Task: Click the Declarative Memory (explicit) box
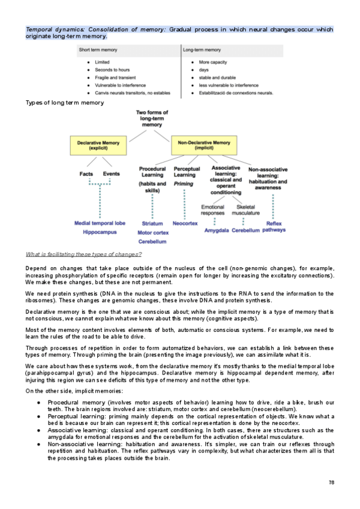[98, 145]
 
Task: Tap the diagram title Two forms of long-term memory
[152, 118]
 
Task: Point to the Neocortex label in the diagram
[185, 223]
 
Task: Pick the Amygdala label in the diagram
[217, 230]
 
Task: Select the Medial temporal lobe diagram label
[100, 223]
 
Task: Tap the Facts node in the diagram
[86, 174]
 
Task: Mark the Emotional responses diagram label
[213, 209]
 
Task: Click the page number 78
[332, 483]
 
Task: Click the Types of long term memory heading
[65, 103]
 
